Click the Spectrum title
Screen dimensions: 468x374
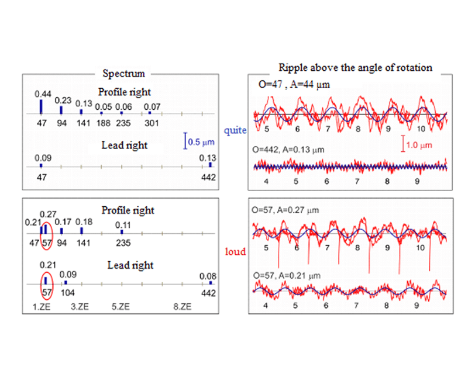tap(123, 74)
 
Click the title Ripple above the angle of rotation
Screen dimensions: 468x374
tap(355, 68)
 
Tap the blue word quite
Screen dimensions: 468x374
tap(235, 130)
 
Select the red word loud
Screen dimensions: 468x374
tap(235, 251)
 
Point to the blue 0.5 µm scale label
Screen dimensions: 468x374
tap(201, 142)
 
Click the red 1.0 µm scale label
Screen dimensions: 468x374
tap(419, 146)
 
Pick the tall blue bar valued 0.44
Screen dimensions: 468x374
tap(41, 106)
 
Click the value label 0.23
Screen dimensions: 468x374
tap(63, 101)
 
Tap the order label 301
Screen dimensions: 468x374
tap(152, 123)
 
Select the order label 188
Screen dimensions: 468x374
tap(104, 123)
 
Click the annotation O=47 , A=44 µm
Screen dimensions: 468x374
tap(294, 85)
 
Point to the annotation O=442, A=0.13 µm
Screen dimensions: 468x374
tap(288, 150)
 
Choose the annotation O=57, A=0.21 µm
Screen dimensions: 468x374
tap(287, 276)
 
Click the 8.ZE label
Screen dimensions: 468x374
tap(183, 307)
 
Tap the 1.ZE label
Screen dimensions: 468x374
tap(41, 307)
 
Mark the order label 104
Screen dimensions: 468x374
tap(68, 293)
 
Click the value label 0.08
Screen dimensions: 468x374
tap(208, 276)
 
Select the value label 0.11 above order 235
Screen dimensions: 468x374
tap(123, 225)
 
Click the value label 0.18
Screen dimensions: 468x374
tap(84, 222)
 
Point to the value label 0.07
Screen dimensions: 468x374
tap(152, 106)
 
